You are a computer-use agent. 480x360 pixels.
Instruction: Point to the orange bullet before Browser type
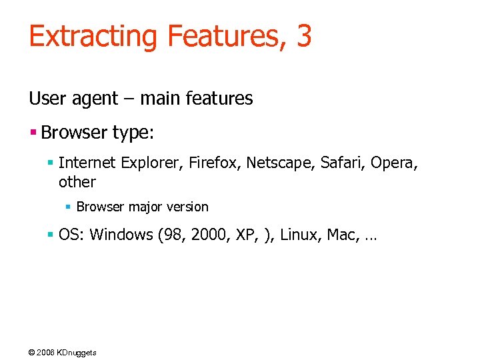[33, 132]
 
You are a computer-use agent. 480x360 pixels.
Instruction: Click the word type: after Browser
[133, 133]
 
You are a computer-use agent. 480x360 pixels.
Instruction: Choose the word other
[77, 182]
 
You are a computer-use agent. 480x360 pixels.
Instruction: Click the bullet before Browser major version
[68, 207]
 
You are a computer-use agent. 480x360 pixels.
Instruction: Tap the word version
[187, 207]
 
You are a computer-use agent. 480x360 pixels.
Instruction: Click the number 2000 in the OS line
[208, 235]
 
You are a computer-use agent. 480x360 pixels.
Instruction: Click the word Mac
[341, 235]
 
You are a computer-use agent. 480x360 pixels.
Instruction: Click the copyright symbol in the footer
[32, 352]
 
